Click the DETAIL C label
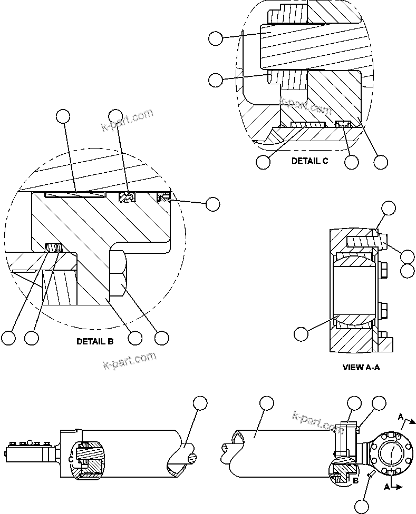click(x=309, y=161)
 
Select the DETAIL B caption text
click(x=95, y=341)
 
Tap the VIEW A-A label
click(x=361, y=368)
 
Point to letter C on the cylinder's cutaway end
click(x=71, y=459)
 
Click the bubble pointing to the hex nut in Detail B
click(x=161, y=338)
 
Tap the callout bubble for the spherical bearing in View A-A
click(x=301, y=334)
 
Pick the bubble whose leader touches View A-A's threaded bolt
click(x=407, y=256)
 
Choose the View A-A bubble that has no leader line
click(x=407, y=271)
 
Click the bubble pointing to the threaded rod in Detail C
click(x=216, y=38)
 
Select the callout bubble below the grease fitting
click(x=362, y=506)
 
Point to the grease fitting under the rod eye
click(x=373, y=476)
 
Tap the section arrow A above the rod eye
click(x=402, y=417)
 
